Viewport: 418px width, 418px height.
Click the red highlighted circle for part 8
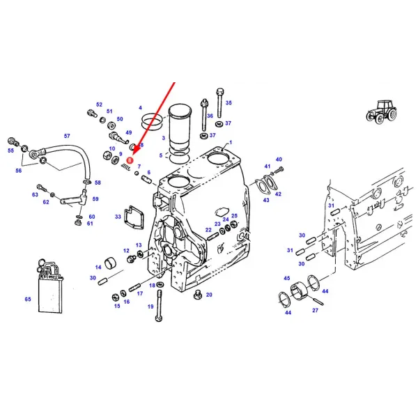coord(130,160)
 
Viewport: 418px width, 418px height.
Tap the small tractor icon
coord(381,111)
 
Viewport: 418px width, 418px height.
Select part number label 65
coord(28,299)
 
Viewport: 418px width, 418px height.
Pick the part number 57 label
coord(67,136)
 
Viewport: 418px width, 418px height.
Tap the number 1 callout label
coord(231,143)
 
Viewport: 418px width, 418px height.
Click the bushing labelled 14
coord(110,263)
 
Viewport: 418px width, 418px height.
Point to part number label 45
coord(286,278)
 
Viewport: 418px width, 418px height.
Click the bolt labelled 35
coord(220,103)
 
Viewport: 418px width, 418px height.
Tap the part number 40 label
coord(279,160)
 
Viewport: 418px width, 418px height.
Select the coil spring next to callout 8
coord(126,167)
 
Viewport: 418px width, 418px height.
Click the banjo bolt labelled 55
coord(13,141)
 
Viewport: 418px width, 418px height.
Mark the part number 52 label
coord(99,104)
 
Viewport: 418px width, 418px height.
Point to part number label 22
coord(208,230)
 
